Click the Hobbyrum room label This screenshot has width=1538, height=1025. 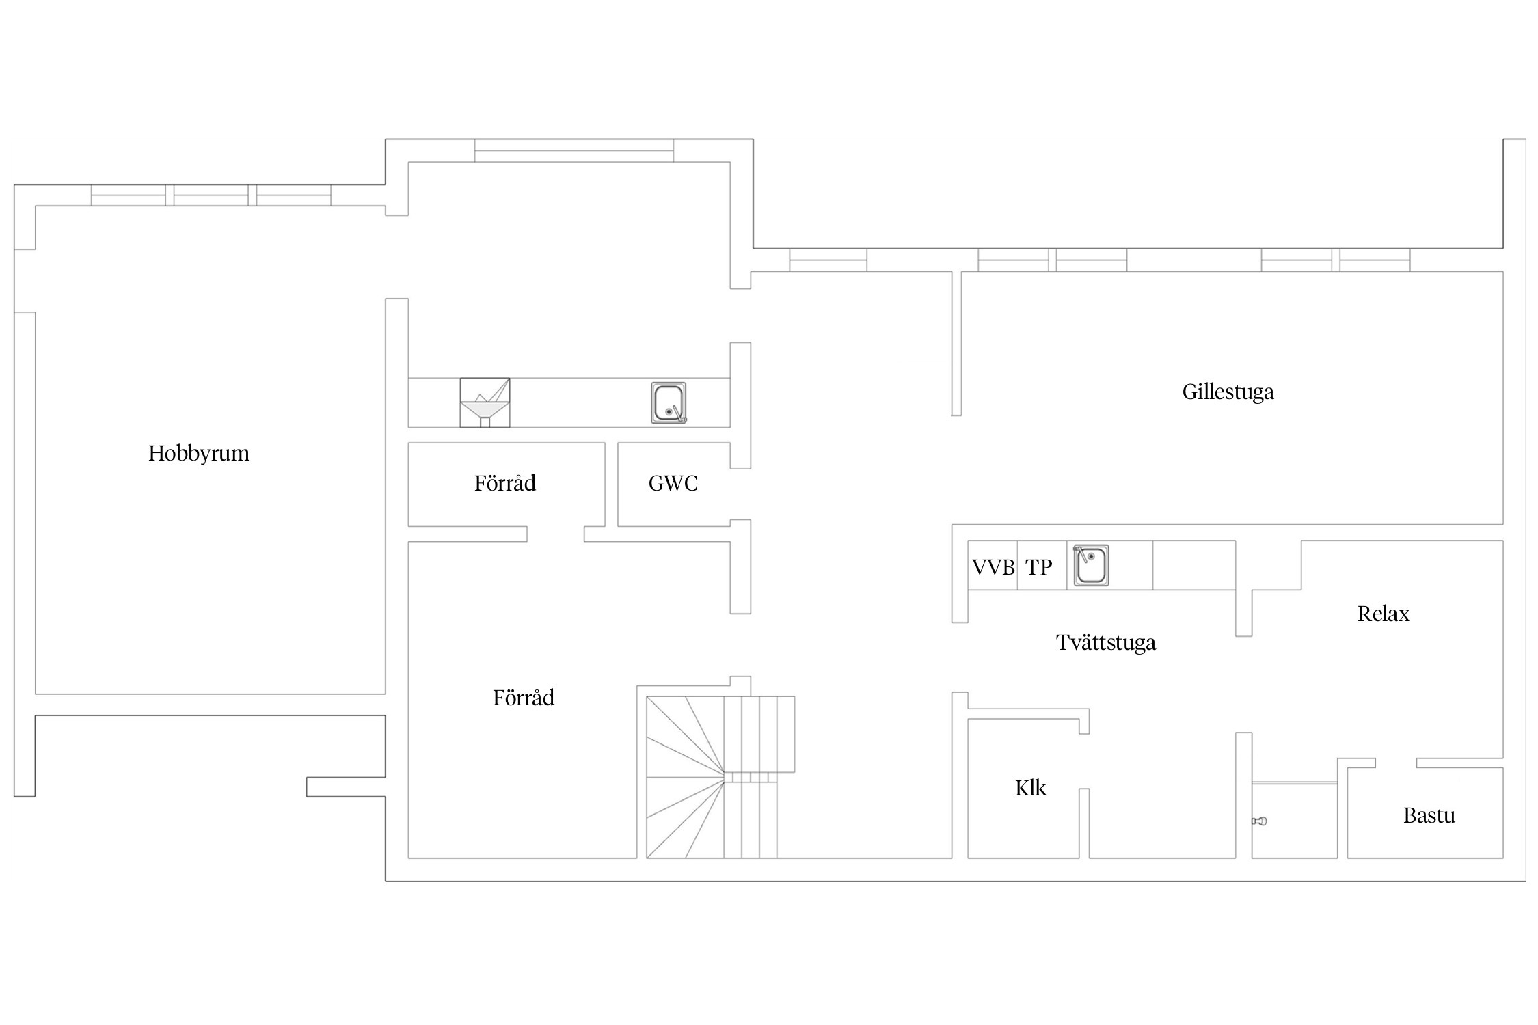[x=199, y=454]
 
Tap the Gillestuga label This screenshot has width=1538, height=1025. [x=1228, y=392]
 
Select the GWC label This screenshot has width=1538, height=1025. [x=673, y=484]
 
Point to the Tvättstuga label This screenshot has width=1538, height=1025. [x=1106, y=642]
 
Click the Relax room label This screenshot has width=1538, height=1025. [x=1384, y=614]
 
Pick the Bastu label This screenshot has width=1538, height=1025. [x=1429, y=815]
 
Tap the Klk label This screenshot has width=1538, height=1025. [x=1031, y=788]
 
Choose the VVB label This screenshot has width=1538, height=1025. [x=993, y=567]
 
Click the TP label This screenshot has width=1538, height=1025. [x=1039, y=567]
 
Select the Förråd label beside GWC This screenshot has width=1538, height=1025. [x=505, y=483]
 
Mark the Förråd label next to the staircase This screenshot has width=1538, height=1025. [x=524, y=698]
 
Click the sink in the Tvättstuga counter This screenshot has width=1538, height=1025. [x=1091, y=565]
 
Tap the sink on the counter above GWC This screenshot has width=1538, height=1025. [x=669, y=403]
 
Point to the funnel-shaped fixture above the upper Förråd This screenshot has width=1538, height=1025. [x=485, y=402]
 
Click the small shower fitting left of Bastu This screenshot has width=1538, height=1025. [x=1260, y=821]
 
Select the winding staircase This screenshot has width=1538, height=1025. [x=720, y=777]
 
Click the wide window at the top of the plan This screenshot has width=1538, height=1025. [x=574, y=151]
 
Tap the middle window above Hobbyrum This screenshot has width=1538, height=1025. [x=211, y=195]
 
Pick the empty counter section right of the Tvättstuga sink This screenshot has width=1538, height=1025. [x=1194, y=565]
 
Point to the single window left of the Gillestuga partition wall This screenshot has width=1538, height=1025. [x=828, y=260]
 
